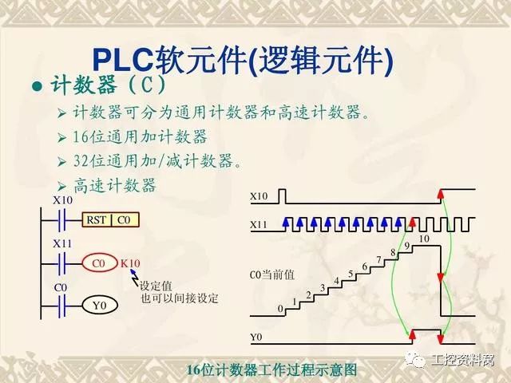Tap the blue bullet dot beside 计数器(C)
pos(35,85)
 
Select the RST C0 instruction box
pos(109,219)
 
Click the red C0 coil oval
pos(99,263)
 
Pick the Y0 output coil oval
pos(99,304)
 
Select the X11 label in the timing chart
pos(259,225)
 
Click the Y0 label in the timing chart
pos(255,338)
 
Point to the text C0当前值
pos(272,274)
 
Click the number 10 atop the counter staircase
pos(423,239)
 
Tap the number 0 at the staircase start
pos(279,308)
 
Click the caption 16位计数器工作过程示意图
pos(271,370)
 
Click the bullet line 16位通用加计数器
pos(139,136)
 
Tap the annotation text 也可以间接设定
pos(179,298)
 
